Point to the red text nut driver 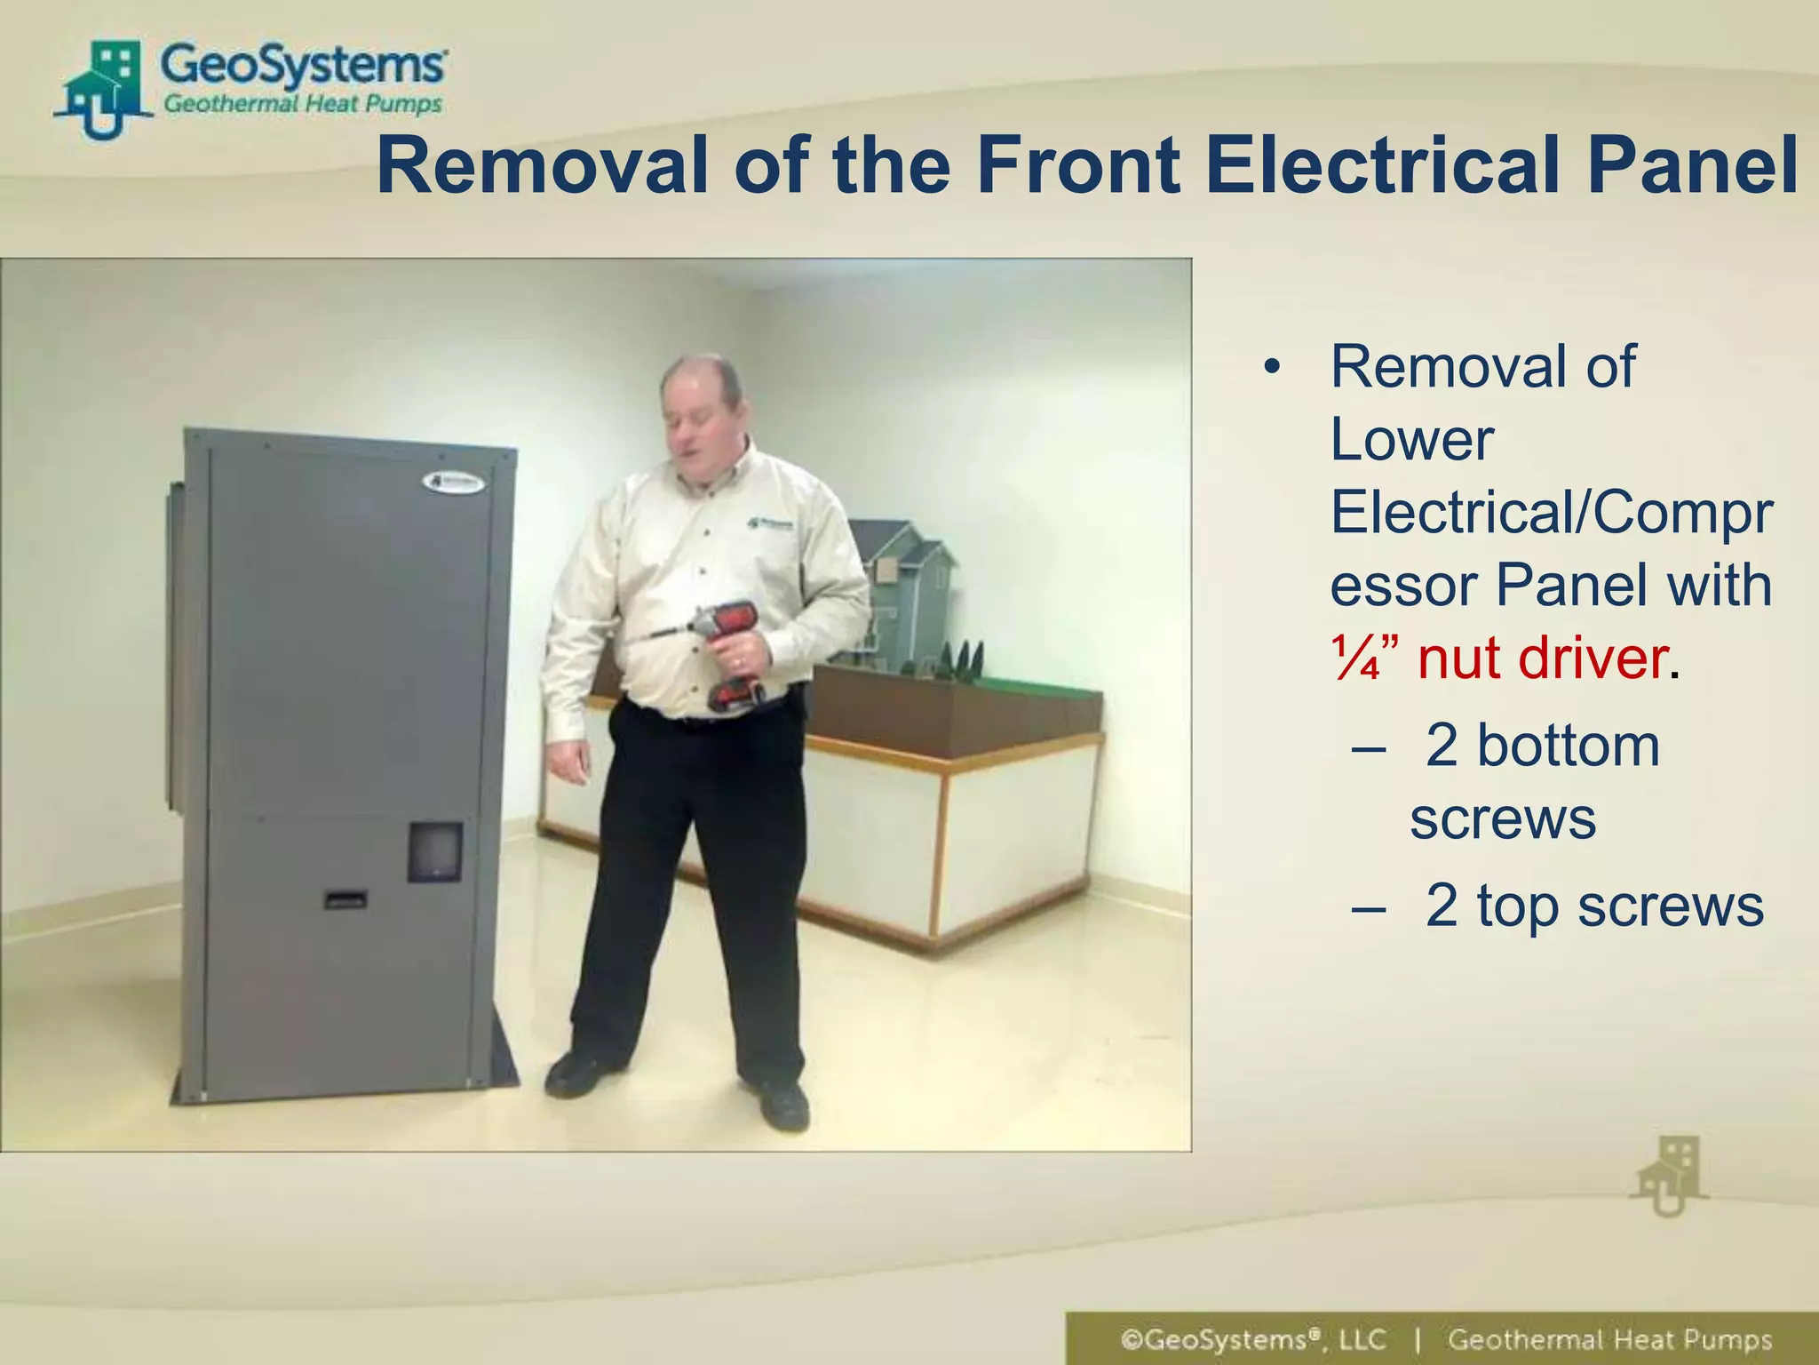point(1542,659)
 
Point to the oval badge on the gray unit point(453,483)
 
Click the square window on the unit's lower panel point(435,851)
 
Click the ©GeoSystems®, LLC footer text point(1252,1339)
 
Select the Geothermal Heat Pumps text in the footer point(1609,1339)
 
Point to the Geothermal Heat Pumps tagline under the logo point(303,105)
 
